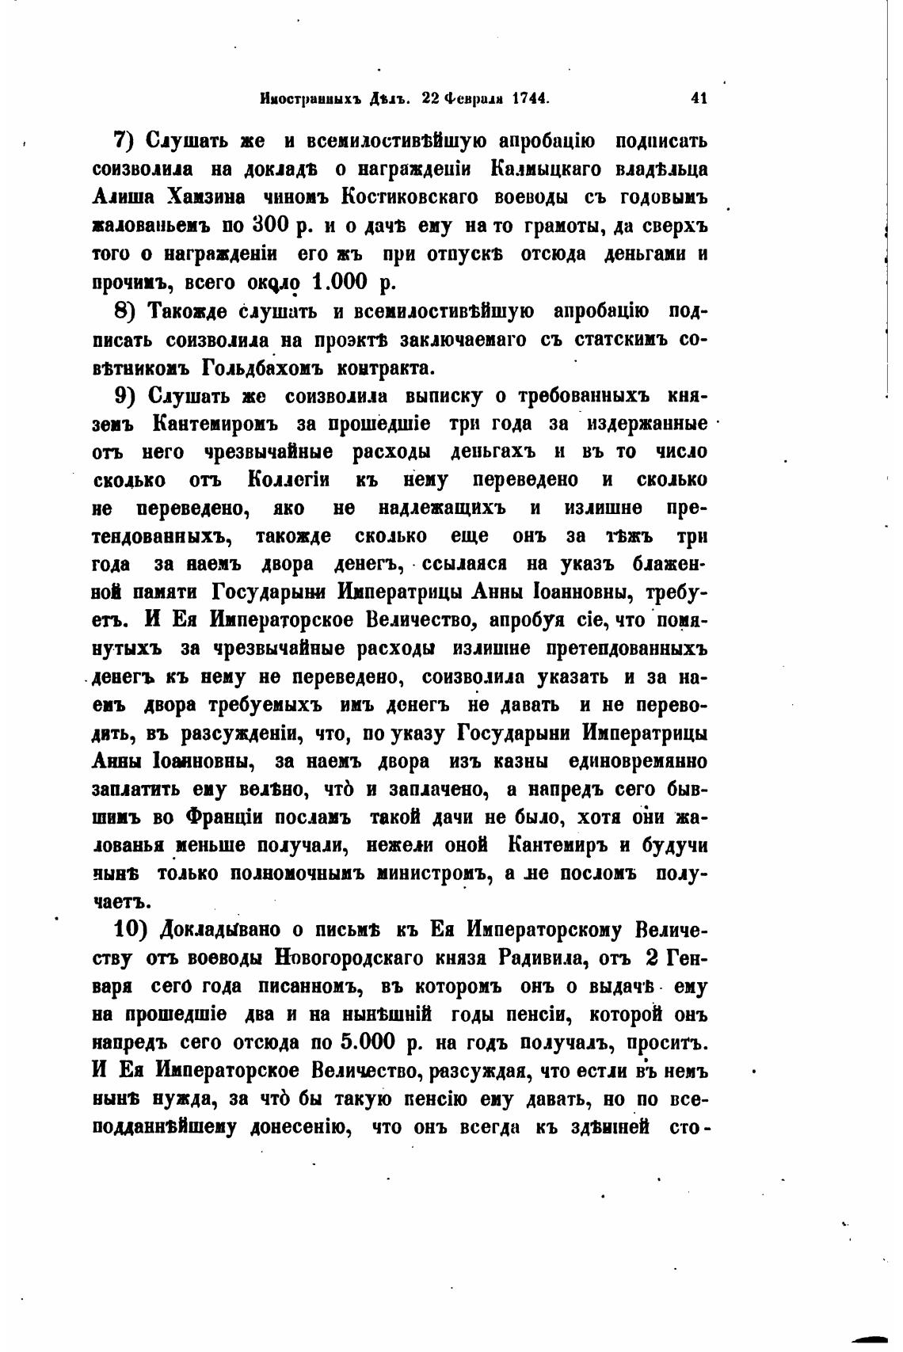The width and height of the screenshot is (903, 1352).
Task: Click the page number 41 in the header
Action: (698, 99)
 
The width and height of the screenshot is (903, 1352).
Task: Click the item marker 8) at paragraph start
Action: (127, 310)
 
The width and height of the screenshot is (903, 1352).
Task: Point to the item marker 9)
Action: (127, 395)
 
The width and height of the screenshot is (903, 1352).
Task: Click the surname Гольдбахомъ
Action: (238, 368)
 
